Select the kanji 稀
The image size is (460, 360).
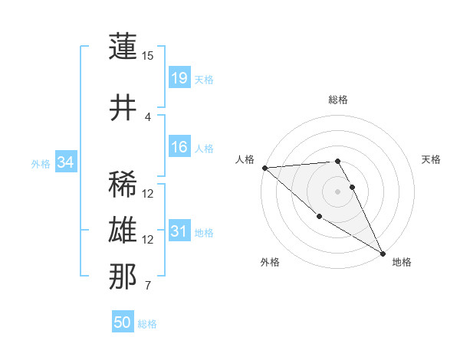123,184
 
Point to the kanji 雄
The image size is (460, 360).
123,231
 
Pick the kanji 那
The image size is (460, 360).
123,277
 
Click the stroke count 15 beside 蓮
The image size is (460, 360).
148,56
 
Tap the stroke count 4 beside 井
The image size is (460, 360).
148,117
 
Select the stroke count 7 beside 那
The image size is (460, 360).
148,286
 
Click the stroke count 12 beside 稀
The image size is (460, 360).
148,194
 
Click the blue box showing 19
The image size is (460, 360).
179,77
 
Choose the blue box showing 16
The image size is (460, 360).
179,147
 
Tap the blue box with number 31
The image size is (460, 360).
179,231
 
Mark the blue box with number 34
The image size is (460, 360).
66,162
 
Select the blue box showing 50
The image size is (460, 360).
123,322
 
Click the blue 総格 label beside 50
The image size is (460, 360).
147,324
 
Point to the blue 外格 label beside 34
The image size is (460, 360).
41,164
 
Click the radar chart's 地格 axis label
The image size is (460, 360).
402,262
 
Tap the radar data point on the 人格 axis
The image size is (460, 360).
264,168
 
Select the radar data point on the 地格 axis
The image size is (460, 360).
383,254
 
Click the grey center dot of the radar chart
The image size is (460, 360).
337,191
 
